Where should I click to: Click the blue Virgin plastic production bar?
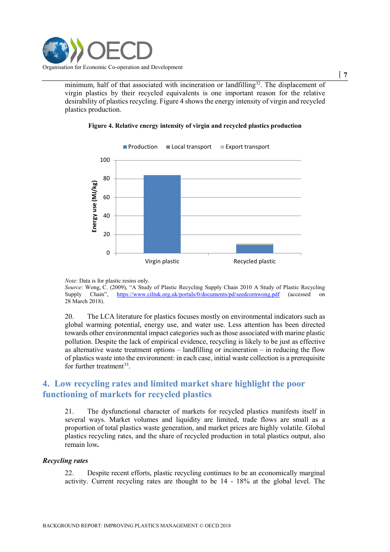tap(162, 214)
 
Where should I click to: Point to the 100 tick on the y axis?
tap(105, 160)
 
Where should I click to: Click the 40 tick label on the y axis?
tap(106, 216)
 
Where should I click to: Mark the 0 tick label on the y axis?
tap(108, 253)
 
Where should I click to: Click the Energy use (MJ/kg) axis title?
tap(94, 207)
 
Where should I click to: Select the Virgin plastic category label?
tap(162, 261)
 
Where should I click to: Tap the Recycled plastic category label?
tap(255, 261)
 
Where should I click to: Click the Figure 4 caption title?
tap(195, 126)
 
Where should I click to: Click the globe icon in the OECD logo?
tap(56, 51)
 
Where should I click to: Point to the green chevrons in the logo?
tap(77, 50)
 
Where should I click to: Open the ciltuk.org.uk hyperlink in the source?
tap(198, 294)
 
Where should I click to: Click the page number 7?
tap(345, 75)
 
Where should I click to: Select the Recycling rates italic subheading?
tap(65, 461)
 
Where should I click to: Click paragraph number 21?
tap(69, 412)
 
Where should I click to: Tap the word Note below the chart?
tap(70, 281)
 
